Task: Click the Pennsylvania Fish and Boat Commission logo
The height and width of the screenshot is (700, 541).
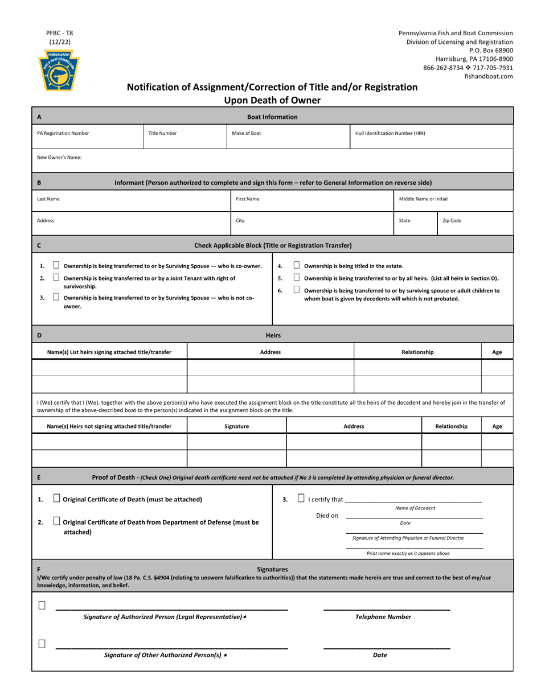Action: (x=59, y=71)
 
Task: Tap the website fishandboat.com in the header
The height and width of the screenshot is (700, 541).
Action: (x=489, y=76)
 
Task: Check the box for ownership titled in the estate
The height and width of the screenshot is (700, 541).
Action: (x=297, y=265)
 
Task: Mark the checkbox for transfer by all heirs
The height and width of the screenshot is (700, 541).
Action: (x=297, y=277)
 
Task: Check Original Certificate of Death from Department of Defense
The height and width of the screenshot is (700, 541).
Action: (x=56, y=521)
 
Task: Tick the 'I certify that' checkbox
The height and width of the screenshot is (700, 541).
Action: (x=301, y=499)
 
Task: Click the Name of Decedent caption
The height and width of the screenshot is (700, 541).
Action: (x=415, y=508)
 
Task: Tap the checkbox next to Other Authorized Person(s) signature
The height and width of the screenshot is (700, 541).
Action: (x=42, y=644)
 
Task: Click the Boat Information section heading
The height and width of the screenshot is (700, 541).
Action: (x=272, y=117)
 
